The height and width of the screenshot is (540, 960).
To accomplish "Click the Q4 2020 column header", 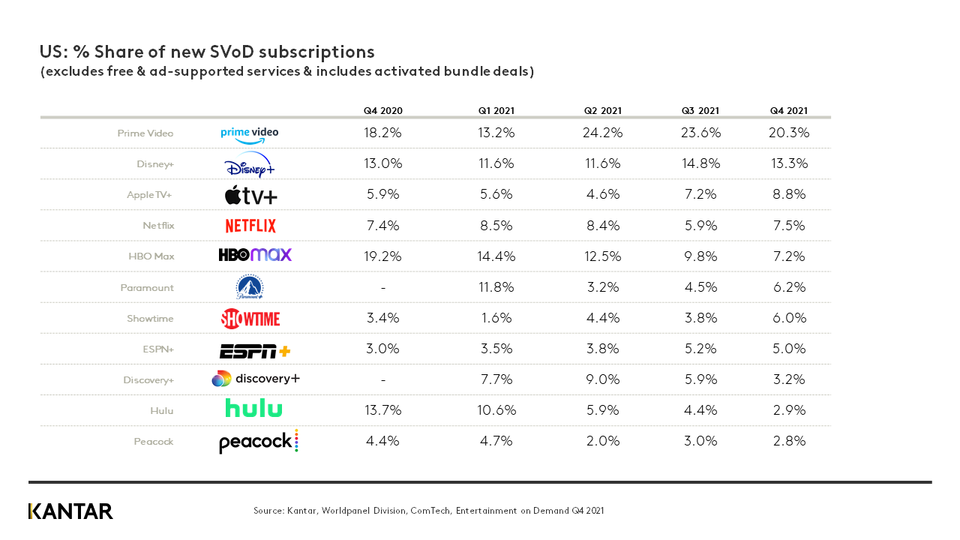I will pyautogui.click(x=382, y=111).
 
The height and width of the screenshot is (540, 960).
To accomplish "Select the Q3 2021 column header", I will pyautogui.click(x=700, y=111).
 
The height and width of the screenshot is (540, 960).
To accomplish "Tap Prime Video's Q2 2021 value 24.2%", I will pyautogui.click(x=602, y=133).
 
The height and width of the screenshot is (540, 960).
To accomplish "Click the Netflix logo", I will pyautogui.click(x=250, y=226).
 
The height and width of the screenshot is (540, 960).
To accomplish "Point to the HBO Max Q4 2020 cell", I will pyautogui.click(x=382, y=256).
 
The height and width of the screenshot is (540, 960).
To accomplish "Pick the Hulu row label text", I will pyautogui.click(x=162, y=410).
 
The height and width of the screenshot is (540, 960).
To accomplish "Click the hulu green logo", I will pyautogui.click(x=253, y=409).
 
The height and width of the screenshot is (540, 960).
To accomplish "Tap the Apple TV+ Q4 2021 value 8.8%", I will pyautogui.click(x=788, y=194).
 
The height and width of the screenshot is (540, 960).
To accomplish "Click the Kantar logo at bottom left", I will pyautogui.click(x=70, y=511).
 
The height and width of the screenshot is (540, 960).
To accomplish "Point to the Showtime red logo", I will pyautogui.click(x=250, y=319).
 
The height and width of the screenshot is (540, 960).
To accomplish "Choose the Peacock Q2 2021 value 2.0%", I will pyautogui.click(x=602, y=442).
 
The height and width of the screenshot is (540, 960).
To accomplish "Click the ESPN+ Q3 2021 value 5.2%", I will pyautogui.click(x=700, y=349).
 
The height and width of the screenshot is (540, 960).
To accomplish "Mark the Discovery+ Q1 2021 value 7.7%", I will pyautogui.click(x=496, y=379).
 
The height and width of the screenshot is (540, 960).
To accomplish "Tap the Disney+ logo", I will pyautogui.click(x=250, y=165).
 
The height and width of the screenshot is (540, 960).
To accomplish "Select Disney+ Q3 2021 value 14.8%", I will pyautogui.click(x=700, y=163).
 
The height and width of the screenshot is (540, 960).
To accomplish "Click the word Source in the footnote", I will pyautogui.click(x=268, y=511).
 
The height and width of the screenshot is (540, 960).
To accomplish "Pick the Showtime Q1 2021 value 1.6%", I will pyautogui.click(x=496, y=318).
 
